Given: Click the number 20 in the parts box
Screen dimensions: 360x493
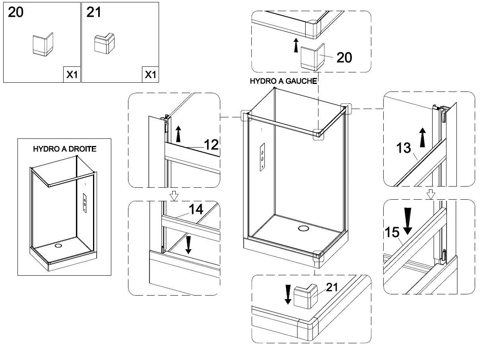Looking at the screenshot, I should tap(16, 12).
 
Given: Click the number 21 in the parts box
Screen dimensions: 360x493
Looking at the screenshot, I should tap(94, 12).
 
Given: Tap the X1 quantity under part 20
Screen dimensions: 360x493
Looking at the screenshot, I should tap(72, 74).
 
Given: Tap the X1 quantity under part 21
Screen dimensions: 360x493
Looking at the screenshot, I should tap(150, 74).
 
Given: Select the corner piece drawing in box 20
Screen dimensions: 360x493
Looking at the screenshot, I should tap(42, 44).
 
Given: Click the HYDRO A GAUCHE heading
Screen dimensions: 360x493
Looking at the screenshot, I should tap(283, 81).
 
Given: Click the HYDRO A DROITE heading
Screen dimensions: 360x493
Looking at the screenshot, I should tap(64, 149).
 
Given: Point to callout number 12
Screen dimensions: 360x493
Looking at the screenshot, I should tap(211, 145).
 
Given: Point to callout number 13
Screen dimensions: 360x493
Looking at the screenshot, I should tap(403, 148).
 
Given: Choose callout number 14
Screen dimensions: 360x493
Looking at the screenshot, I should tap(196, 209).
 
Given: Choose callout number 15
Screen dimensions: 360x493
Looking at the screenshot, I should tap(392, 232).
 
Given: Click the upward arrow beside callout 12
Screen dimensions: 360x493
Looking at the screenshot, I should tap(179, 134).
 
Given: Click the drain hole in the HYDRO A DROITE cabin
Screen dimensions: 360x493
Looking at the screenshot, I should tap(58, 245).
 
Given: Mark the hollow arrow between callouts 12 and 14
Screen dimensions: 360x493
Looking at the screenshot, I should tap(173, 195).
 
